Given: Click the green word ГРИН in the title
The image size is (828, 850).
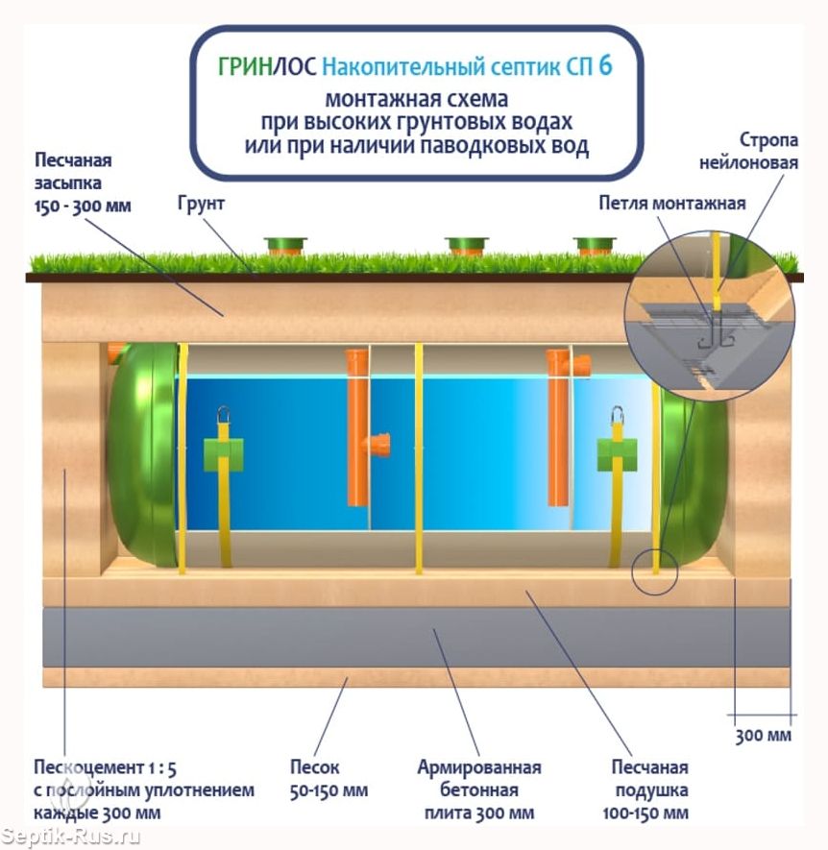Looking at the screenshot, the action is [x=245, y=66].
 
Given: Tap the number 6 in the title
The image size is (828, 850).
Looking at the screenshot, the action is [x=606, y=65].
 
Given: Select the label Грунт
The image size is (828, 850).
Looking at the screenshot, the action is [x=201, y=205].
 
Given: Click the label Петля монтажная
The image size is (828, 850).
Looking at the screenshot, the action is [x=671, y=204].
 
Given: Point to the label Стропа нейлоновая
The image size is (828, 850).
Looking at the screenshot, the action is [x=748, y=151].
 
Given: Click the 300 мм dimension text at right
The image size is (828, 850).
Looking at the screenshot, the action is [x=763, y=736].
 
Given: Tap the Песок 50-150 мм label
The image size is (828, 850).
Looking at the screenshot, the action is [x=329, y=779].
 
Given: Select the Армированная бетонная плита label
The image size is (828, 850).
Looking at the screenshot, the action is [x=478, y=789].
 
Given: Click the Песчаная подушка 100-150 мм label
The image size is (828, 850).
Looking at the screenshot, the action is [x=645, y=789].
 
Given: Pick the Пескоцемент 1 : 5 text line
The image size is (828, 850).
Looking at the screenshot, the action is [x=106, y=767].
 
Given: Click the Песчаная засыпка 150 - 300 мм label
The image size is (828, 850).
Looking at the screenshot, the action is [x=83, y=183].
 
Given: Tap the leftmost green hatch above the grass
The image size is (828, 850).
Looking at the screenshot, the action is [x=285, y=246].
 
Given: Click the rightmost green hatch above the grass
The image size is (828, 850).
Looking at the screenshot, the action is [x=595, y=246].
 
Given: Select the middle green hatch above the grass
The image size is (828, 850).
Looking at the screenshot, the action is [x=466, y=246].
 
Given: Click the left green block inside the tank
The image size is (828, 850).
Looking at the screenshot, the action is [x=224, y=454].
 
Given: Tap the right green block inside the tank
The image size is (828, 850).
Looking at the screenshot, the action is [x=617, y=454].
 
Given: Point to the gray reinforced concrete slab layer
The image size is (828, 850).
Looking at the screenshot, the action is [x=417, y=638].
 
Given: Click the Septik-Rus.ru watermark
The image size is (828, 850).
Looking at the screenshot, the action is [x=70, y=837].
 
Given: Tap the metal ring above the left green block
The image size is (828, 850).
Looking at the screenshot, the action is [x=224, y=415].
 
